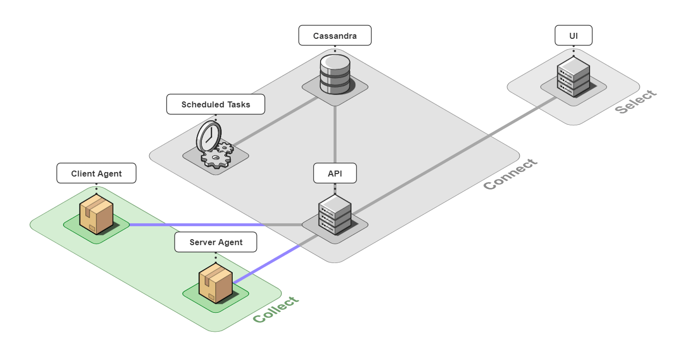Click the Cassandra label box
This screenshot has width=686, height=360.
[335, 36]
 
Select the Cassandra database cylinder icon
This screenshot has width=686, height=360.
[335, 74]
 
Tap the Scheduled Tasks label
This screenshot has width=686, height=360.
[215, 104]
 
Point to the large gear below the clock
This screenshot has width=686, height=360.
[215, 159]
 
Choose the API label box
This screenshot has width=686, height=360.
[335, 173]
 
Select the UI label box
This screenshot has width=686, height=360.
[573, 36]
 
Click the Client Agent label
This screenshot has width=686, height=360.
[96, 173]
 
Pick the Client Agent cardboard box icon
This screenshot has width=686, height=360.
[96, 214]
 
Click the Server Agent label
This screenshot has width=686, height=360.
[215, 242]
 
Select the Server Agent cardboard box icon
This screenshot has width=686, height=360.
[215, 283]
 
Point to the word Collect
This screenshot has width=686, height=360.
[276, 310]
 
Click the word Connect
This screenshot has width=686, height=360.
[511, 175]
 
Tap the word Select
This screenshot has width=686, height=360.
[636, 102]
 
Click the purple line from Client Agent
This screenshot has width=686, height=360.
[199, 225]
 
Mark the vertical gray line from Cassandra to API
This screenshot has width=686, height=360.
[335, 134]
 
